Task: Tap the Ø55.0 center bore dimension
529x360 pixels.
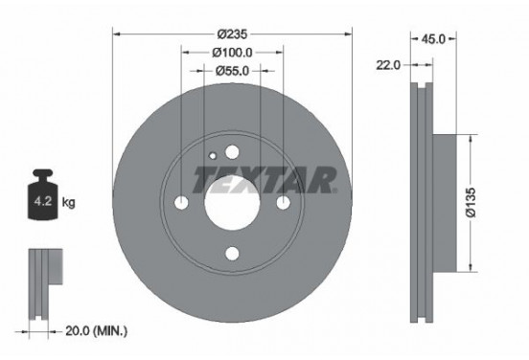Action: pyautogui.click(x=231, y=71)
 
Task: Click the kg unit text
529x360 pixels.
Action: pyautogui.click(x=69, y=203)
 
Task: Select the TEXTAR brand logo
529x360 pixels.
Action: pyautogui.click(x=265, y=178)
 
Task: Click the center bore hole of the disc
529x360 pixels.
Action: pyautogui.click(x=232, y=202)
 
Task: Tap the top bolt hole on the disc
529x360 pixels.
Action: pyautogui.click(x=232, y=151)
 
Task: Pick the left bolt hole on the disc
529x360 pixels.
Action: pyautogui.click(x=182, y=202)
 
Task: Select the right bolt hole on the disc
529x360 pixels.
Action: pyautogui.click(x=283, y=202)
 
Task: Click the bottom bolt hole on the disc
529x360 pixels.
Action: pyautogui.click(x=232, y=254)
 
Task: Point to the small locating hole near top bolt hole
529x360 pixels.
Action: pyautogui.click(x=213, y=153)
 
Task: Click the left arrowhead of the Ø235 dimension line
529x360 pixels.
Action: pyautogui.click(x=117, y=33)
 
